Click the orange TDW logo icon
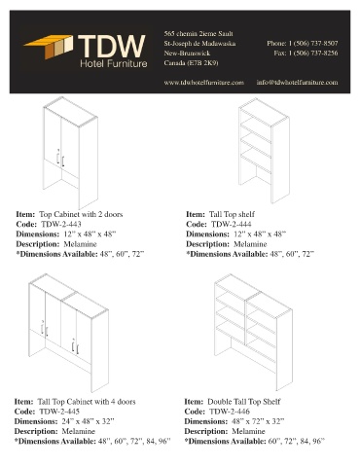tap(49, 46)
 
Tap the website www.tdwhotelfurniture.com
tap(203, 83)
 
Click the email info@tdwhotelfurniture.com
tap(297, 83)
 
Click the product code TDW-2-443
tap(61, 224)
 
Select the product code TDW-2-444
tap(231, 224)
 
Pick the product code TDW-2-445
tap(59, 412)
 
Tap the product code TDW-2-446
tap(230, 412)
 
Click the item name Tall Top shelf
tap(232, 214)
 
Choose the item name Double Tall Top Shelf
tap(243, 402)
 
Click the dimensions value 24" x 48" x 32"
tap(88, 421)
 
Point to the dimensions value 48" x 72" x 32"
tap(258, 421)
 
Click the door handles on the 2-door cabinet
tap(60, 158)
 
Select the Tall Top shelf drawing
tap(264, 151)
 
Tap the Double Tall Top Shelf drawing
tap(253, 333)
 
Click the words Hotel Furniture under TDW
tap(114, 63)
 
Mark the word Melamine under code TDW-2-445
tap(78, 431)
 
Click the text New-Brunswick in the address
tap(187, 54)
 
